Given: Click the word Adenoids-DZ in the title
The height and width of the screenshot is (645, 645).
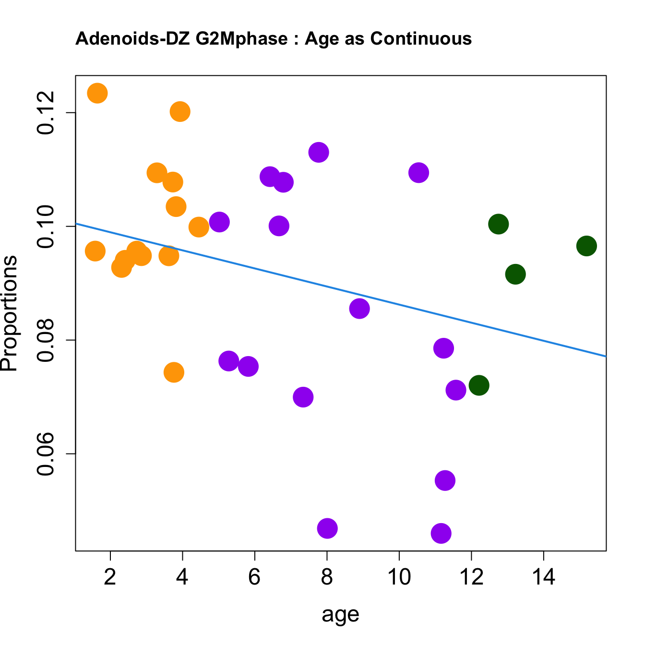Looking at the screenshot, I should pyautogui.click(x=133, y=38).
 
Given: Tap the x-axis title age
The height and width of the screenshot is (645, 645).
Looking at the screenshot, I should pyautogui.click(x=340, y=614).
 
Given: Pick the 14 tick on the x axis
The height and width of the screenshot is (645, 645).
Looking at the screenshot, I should pyautogui.click(x=543, y=576).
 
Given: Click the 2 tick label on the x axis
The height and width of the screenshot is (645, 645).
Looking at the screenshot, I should pyautogui.click(x=110, y=576).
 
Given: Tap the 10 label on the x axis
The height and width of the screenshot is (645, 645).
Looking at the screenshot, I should pyautogui.click(x=399, y=576).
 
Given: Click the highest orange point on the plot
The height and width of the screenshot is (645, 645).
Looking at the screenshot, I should pyautogui.click(x=97, y=93).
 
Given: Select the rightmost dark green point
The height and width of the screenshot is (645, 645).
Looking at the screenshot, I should pyautogui.click(x=586, y=246).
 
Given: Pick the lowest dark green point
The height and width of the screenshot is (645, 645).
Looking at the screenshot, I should pyautogui.click(x=479, y=385).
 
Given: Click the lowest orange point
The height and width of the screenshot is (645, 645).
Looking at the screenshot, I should pyautogui.click(x=174, y=372).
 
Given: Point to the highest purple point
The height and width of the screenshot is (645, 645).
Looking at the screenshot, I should pyautogui.click(x=319, y=153).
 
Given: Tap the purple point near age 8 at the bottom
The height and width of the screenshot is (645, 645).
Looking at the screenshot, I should pyautogui.click(x=327, y=528).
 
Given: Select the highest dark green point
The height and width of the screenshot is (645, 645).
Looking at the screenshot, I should pyautogui.click(x=499, y=224).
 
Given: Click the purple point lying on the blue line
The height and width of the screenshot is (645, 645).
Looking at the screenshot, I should pyautogui.click(x=359, y=309).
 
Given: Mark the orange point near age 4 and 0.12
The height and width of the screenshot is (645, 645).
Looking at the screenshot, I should pyautogui.click(x=180, y=112).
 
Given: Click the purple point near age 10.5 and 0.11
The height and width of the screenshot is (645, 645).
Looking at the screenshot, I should pyautogui.click(x=418, y=172).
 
